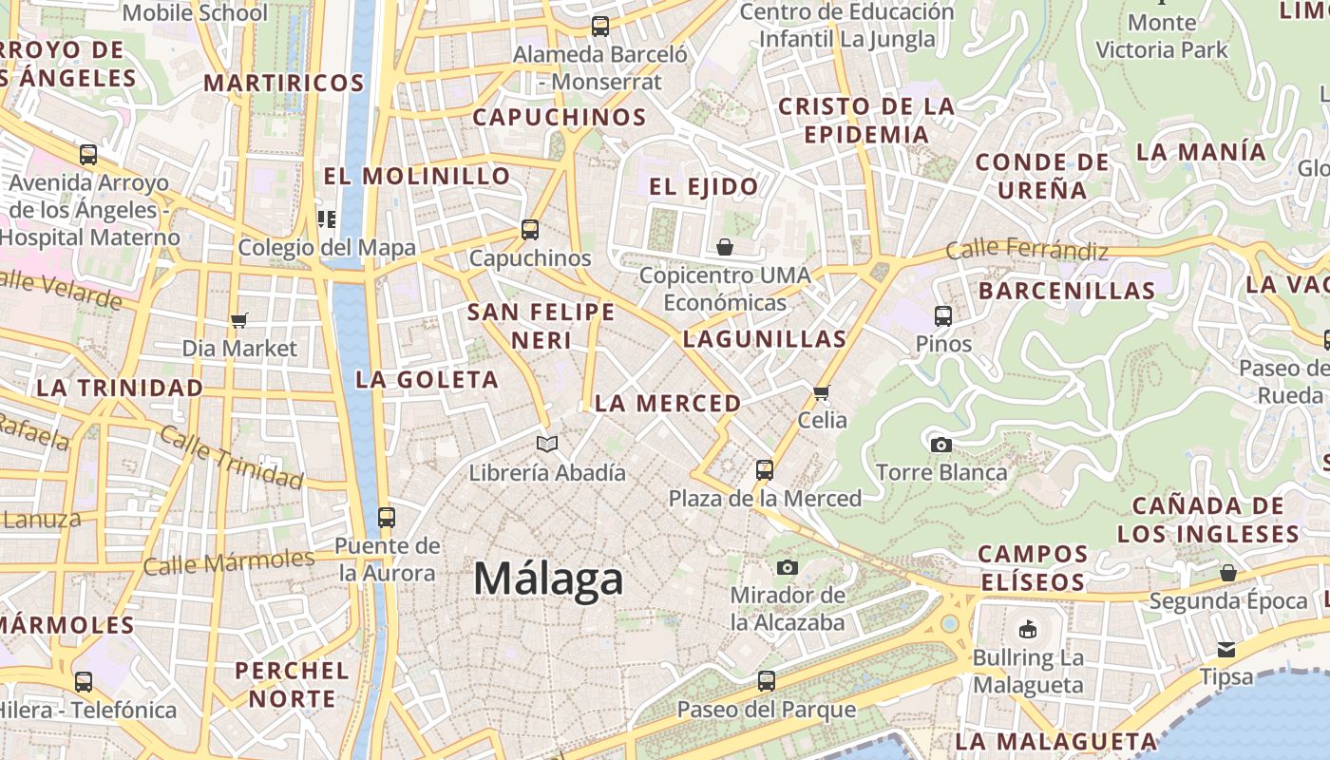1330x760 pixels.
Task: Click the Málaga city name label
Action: pyautogui.click(x=548, y=579)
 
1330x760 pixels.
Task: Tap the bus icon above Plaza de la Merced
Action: pyautogui.click(x=765, y=469)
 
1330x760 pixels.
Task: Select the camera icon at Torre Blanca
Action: pyautogui.click(x=940, y=445)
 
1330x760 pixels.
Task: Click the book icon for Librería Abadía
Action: pyautogui.click(x=547, y=444)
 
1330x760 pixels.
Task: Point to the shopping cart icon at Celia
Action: pyautogui.click(x=822, y=392)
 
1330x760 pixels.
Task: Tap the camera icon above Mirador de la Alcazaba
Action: pyautogui.click(x=787, y=567)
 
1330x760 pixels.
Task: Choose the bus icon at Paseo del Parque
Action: pyautogui.click(x=766, y=680)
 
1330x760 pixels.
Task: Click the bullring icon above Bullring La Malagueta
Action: pyautogui.click(x=1027, y=629)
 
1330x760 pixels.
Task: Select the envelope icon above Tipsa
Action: pyautogui.click(x=1226, y=650)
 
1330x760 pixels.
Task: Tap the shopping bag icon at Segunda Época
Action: pyautogui.click(x=1227, y=573)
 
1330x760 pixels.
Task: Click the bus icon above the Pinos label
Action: pyautogui.click(x=942, y=315)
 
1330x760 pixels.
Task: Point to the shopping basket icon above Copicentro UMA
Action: pyautogui.click(x=725, y=247)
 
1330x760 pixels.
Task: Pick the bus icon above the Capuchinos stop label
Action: pyautogui.click(x=530, y=229)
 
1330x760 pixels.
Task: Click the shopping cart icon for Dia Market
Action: pyautogui.click(x=238, y=320)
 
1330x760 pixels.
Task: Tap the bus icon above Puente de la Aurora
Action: pyautogui.click(x=386, y=517)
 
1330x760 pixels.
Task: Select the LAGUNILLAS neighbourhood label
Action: pyautogui.click(x=764, y=339)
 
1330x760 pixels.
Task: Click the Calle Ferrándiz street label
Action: pyautogui.click(x=1027, y=251)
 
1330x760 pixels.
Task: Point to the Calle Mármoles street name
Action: pyautogui.click(x=228, y=561)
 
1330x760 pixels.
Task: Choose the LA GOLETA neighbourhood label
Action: pyautogui.click(x=427, y=380)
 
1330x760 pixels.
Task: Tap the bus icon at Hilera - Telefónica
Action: pyautogui.click(x=84, y=681)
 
